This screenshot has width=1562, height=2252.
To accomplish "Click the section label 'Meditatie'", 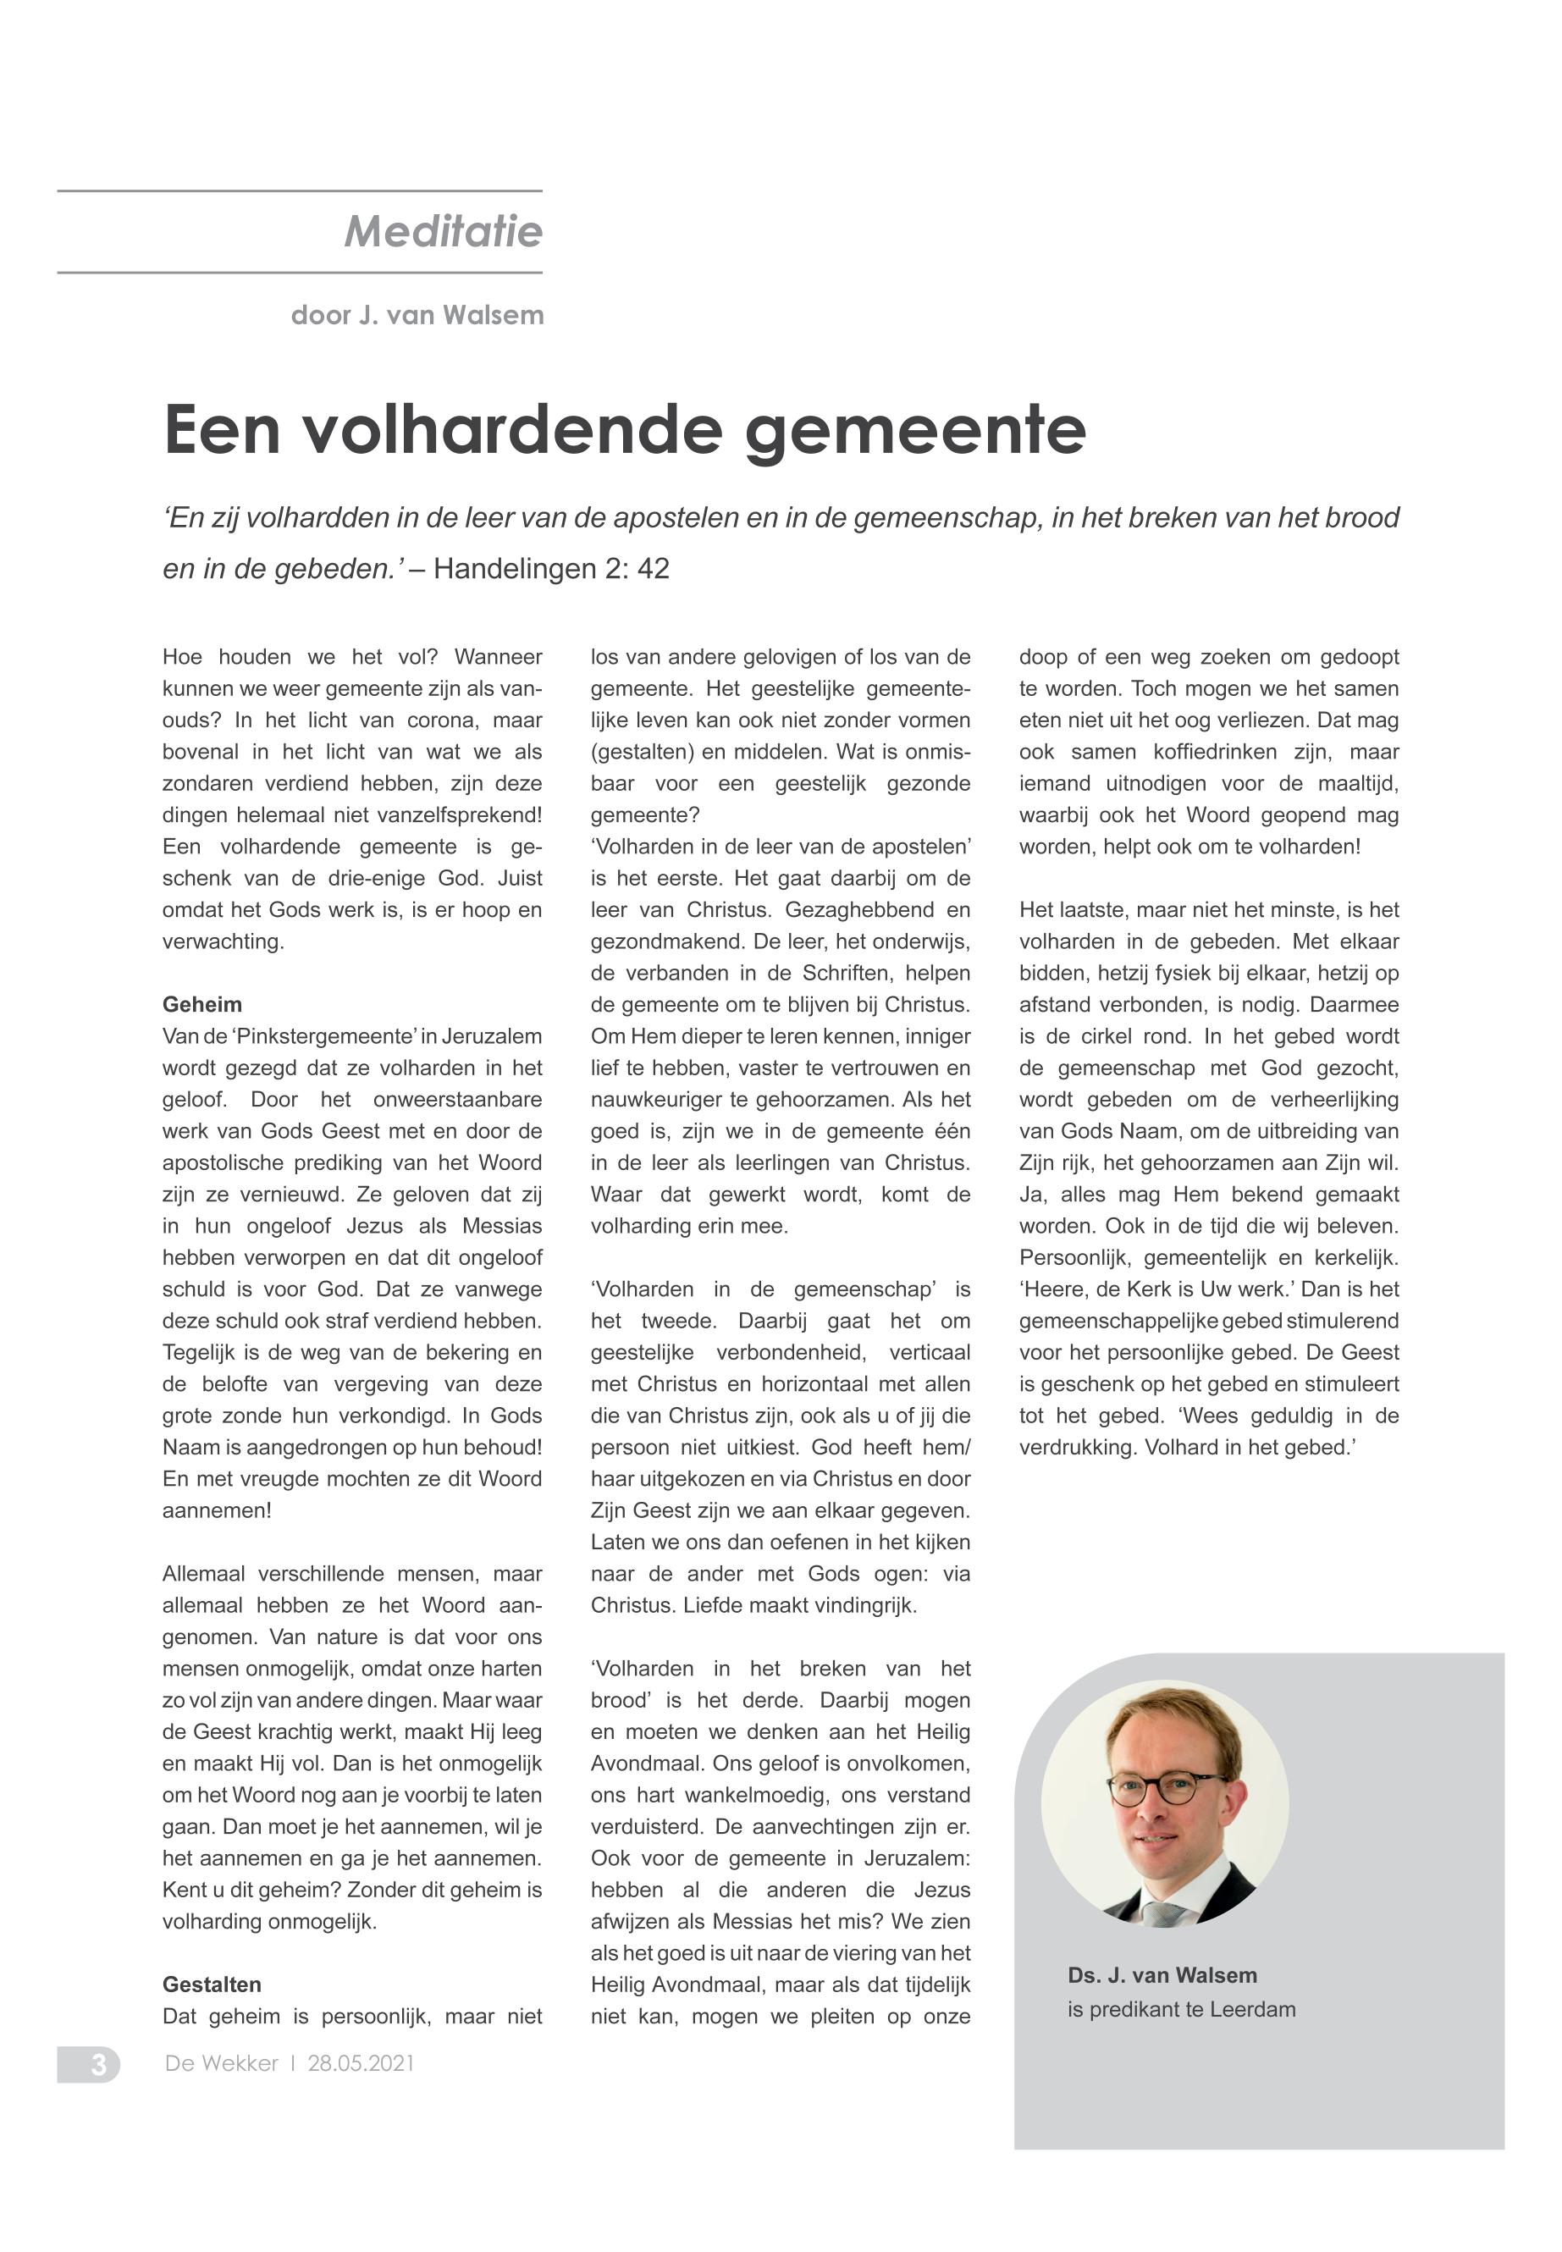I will point(443,232).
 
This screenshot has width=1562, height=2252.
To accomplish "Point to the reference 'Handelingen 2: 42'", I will point(551,569).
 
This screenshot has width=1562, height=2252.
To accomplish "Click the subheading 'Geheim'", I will point(201,1004).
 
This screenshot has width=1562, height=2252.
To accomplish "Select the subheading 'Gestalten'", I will point(212,1984).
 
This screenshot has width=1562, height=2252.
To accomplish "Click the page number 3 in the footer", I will point(99,2064).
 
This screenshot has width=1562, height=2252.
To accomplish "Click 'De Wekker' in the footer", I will point(221,2064).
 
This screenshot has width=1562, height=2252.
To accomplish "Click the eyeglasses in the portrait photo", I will point(1167,1789).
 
